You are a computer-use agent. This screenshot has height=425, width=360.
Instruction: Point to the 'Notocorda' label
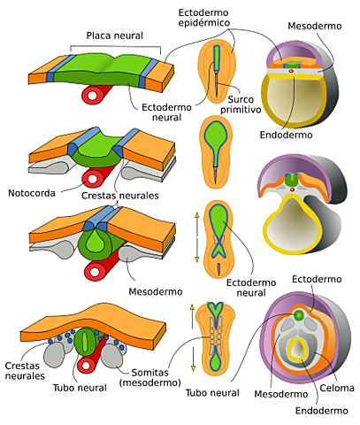tap(32, 190)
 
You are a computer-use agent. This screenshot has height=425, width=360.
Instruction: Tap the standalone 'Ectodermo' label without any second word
tap(318, 280)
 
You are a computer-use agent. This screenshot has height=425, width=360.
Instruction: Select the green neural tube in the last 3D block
tap(86, 342)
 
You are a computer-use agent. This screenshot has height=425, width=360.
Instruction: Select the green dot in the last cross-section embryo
tap(300, 315)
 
